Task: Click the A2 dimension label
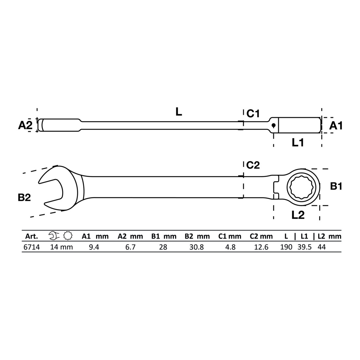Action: click(x=25, y=125)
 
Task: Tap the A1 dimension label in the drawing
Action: click(x=336, y=126)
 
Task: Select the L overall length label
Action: click(x=179, y=112)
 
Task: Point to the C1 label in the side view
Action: click(x=253, y=114)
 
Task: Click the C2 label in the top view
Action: click(x=253, y=165)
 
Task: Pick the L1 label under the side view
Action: click(x=298, y=143)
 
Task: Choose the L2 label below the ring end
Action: click(x=298, y=215)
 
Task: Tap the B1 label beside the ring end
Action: click(x=336, y=186)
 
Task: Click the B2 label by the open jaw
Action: click(x=24, y=197)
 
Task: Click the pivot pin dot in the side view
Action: click(x=274, y=125)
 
